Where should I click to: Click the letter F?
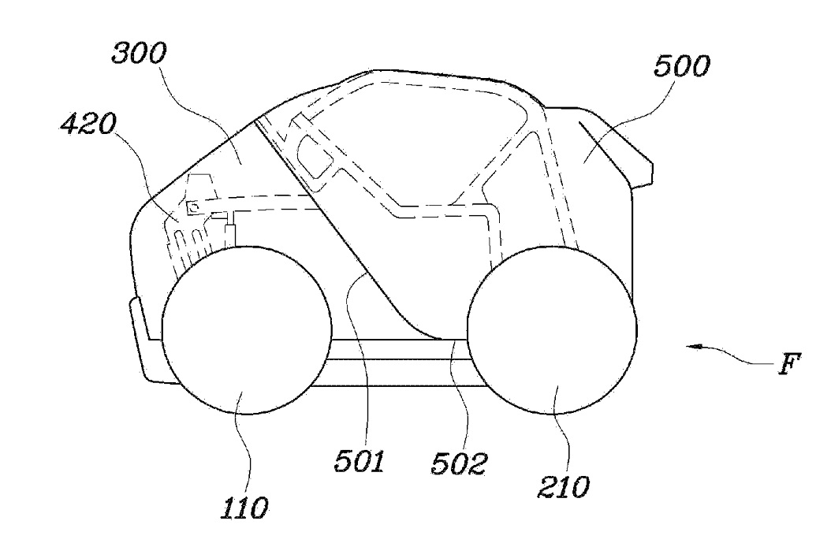point(791,364)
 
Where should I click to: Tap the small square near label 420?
point(192,207)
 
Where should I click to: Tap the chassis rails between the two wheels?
point(398,363)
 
